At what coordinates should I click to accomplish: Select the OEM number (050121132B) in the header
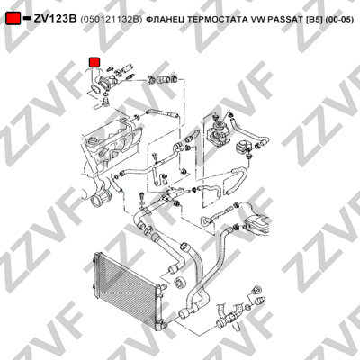click(111, 20)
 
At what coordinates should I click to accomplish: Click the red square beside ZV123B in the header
click(13, 18)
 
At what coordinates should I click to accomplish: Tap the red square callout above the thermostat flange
click(94, 62)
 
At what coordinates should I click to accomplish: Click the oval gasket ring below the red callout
click(95, 90)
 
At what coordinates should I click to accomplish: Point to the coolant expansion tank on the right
click(256, 222)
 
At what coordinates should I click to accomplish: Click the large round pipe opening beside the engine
click(99, 200)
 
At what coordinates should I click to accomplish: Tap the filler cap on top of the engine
click(93, 140)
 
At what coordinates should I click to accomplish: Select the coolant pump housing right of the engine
click(218, 130)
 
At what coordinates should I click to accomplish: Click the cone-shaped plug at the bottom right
click(260, 300)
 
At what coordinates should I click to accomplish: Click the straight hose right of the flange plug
click(162, 113)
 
